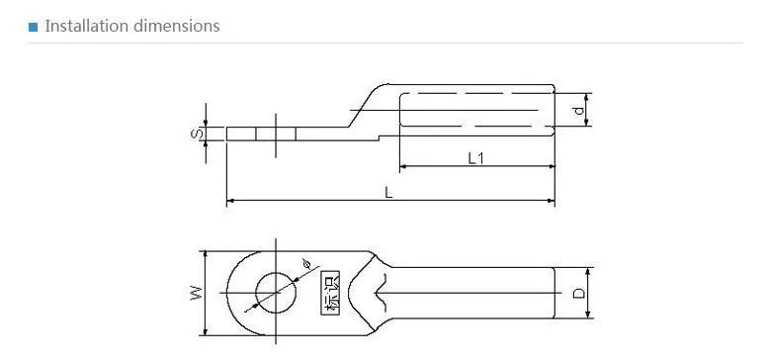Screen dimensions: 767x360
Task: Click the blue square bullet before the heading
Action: (34, 27)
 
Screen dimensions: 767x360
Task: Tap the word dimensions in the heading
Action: (177, 26)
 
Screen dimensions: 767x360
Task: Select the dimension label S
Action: (195, 134)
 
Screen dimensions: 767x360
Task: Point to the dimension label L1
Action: (475, 158)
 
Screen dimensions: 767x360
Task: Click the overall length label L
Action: (388, 192)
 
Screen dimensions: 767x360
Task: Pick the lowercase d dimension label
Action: (578, 111)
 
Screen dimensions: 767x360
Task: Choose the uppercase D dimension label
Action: (578, 293)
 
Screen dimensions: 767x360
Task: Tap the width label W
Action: (196, 293)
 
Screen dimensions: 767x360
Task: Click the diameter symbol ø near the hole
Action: (306, 264)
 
